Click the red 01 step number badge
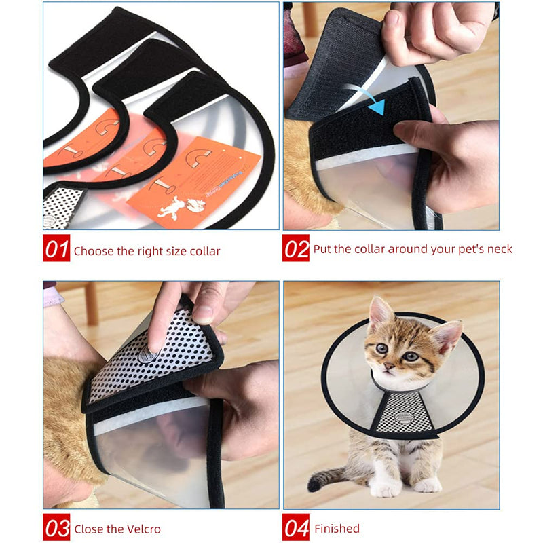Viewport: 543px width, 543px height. pyautogui.click(x=56, y=249)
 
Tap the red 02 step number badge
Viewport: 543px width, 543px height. pyautogui.click(x=296, y=249)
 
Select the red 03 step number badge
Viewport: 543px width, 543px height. pyautogui.click(x=56, y=527)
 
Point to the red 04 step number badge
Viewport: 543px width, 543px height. pyautogui.click(x=296, y=527)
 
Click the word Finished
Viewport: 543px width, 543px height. pyautogui.click(x=337, y=528)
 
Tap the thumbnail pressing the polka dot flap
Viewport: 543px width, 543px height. pyautogui.click(x=203, y=314)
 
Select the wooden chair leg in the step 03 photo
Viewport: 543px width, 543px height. pyautogui.click(x=91, y=303)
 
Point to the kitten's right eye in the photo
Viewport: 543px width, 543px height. pyautogui.click(x=411, y=356)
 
